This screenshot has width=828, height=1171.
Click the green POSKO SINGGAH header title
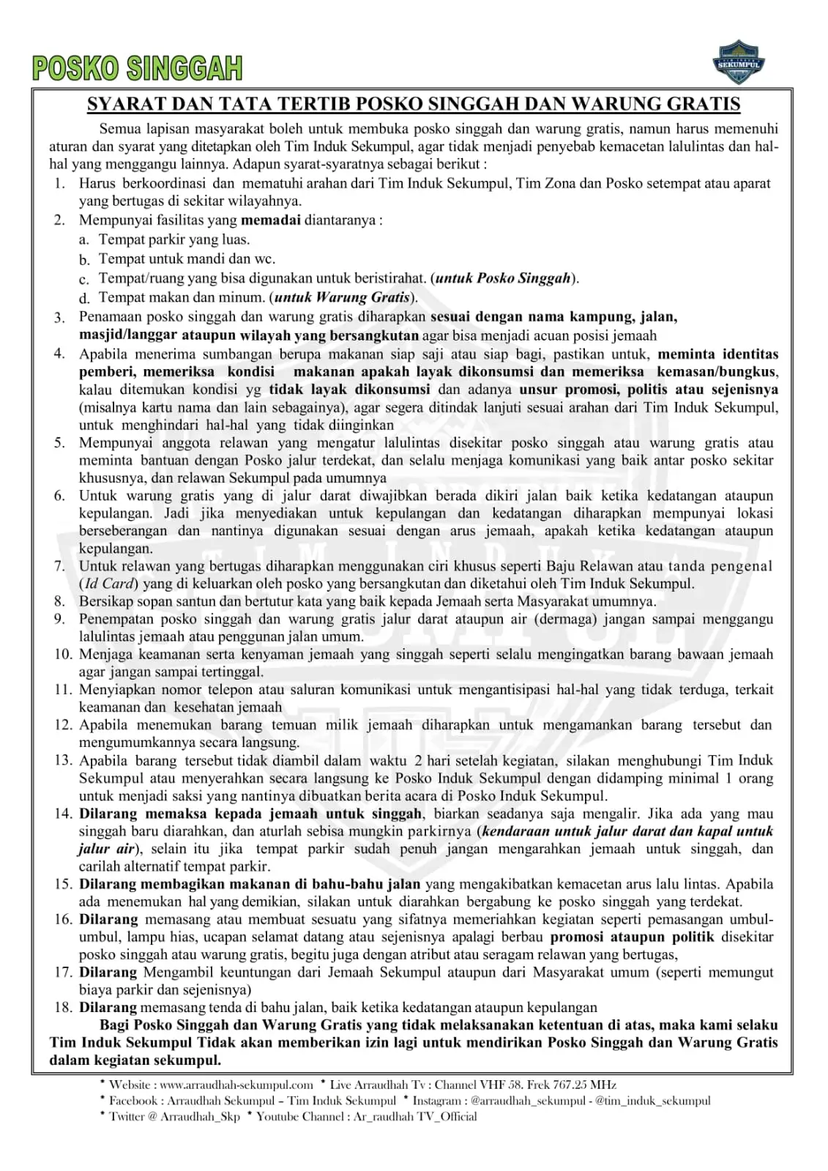(137, 68)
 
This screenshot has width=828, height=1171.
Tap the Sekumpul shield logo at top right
(739, 62)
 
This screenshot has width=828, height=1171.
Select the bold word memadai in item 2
(270, 220)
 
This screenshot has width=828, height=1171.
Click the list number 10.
(63, 654)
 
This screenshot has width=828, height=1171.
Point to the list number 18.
(63, 1007)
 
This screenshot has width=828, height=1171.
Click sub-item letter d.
(84, 298)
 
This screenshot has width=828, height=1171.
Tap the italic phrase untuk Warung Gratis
(341, 297)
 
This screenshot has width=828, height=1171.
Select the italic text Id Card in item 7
(109, 584)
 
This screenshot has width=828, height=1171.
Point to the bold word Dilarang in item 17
(108, 972)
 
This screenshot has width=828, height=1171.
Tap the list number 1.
(60, 183)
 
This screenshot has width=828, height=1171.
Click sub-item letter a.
(84, 239)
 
